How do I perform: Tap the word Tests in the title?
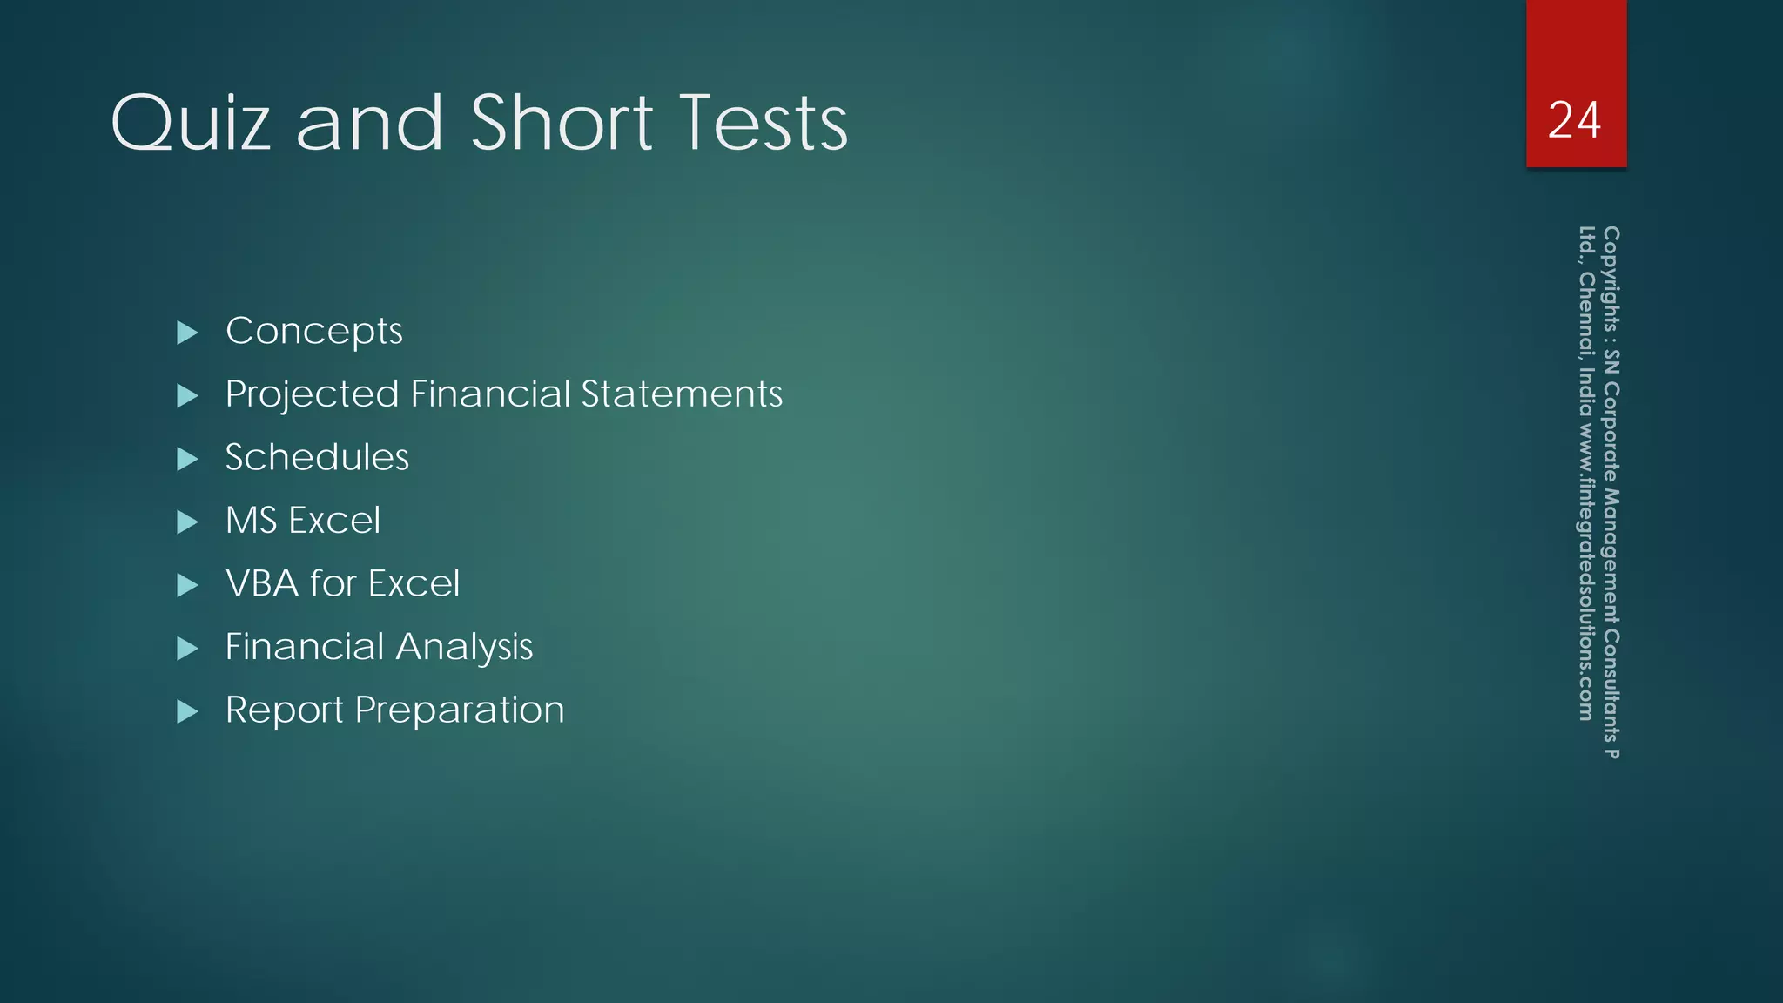[x=763, y=124]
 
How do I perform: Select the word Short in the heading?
[x=562, y=124]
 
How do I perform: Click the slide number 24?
[x=1575, y=120]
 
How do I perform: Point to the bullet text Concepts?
[x=313, y=331]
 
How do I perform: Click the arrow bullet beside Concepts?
[x=187, y=333]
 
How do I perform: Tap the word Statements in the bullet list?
[x=682, y=394]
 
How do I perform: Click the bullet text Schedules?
[x=317, y=458]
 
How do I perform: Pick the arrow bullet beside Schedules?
[x=187, y=459]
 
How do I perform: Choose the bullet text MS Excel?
[x=303, y=521]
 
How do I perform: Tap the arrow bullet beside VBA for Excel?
[x=187, y=585]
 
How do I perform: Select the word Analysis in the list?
[x=464, y=647]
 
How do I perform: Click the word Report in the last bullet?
[x=284, y=710]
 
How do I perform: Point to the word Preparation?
[x=460, y=710]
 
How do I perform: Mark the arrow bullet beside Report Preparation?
[x=187, y=712]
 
